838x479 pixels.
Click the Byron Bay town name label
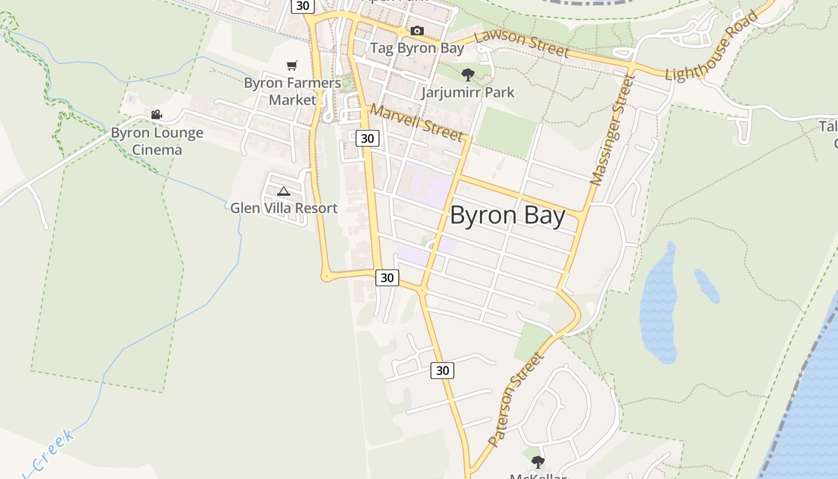point(507,216)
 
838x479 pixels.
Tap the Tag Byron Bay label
point(417,48)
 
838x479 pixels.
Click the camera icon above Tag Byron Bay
point(417,31)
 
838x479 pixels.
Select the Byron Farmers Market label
point(292,91)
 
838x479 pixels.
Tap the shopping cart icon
point(292,65)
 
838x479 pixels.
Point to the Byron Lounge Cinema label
point(157,141)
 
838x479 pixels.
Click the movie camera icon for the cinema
point(156,114)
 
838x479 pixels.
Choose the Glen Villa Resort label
point(284,208)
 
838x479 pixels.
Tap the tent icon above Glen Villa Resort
point(284,192)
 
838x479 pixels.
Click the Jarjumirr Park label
point(467,92)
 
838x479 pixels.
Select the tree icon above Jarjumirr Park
point(468,75)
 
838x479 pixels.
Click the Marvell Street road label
point(417,122)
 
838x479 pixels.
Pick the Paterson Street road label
point(515,399)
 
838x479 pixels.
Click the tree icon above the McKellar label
point(538,462)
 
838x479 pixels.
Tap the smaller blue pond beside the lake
point(707,286)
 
